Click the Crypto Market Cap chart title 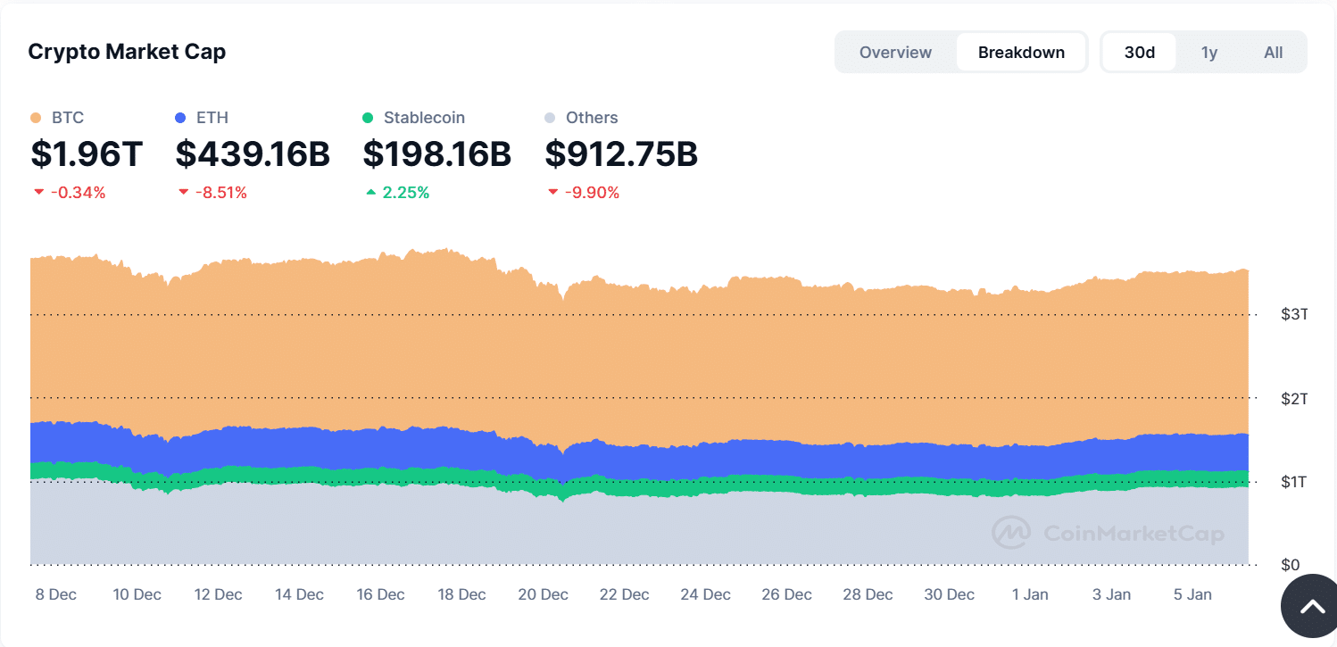click(x=127, y=52)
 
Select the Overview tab click(x=895, y=53)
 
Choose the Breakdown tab click(x=1021, y=53)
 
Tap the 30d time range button click(x=1139, y=53)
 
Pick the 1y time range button click(x=1208, y=53)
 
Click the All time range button click(x=1273, y=53)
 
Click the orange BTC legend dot click(x=36, y=118)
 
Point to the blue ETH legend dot click(x=180, y=118)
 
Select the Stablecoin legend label click(x=424, y=118)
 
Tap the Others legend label click(x=591, y=118)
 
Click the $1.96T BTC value click(x=87, y=154)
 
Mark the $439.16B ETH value click(x=253, y=154)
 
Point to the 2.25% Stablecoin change click(x=405, y=193)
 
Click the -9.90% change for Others click(x=591, y=193)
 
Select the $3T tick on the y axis click(x=1294, y=314)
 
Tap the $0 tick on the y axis click(x=1290, y=565)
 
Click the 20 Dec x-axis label click(x=543, y=594)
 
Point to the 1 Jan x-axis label click(x=1029, y=594)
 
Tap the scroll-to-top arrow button click(x=1311, y=607)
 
